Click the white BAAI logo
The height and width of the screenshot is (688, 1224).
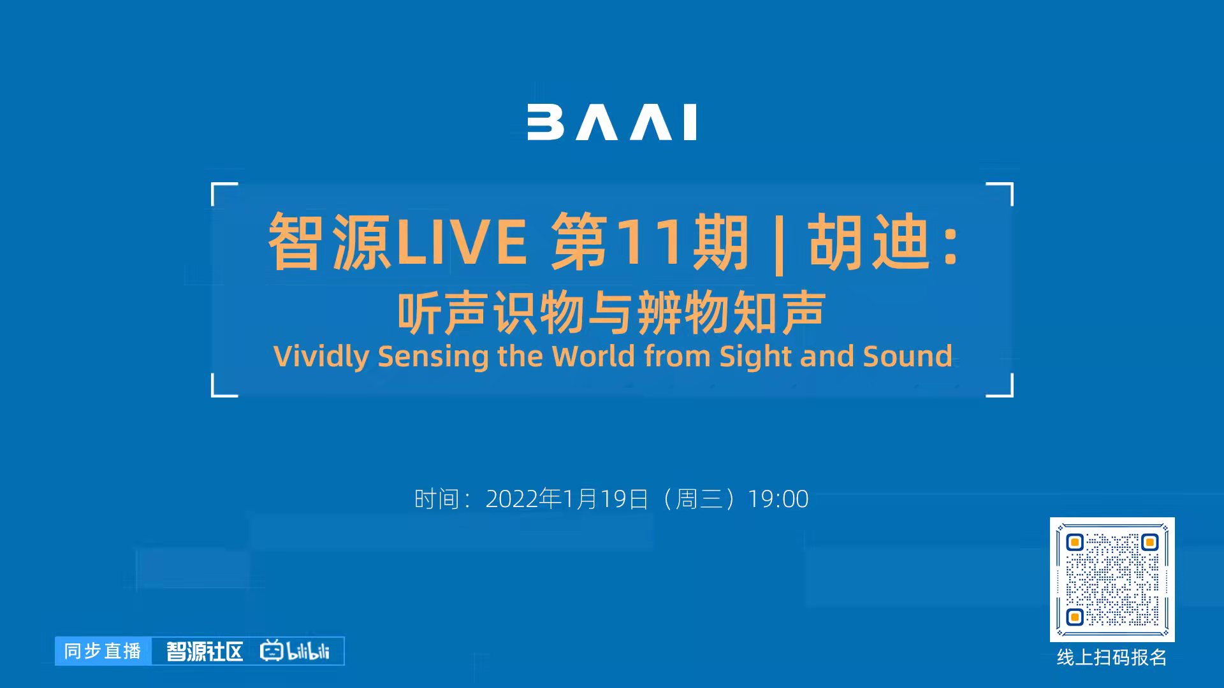click(x=611, y=122)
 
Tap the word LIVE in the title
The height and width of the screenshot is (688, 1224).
click(x=462, y=242)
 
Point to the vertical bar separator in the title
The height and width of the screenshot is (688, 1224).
click(x=778, y=244)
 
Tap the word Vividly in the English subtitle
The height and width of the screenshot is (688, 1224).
click(x=321, y=357)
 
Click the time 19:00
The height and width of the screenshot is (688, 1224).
click(x=778, y=499)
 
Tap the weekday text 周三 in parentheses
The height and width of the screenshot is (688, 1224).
click(x=699, y=499)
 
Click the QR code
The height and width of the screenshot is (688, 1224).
click(x=1112, y=580)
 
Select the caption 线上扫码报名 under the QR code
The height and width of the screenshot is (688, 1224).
click(x=1112, y=657)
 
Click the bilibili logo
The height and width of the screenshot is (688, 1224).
click(x=295, y=650)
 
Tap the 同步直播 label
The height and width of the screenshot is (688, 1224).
click(x=103, y=651)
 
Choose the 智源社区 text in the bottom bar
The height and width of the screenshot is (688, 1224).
click(x=205, y=651)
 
